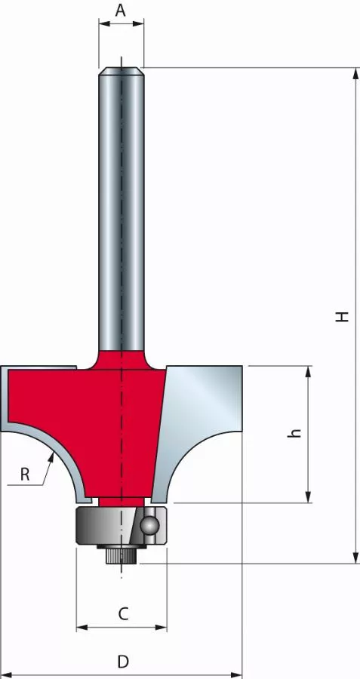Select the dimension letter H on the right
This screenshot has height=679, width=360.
pos(343,317)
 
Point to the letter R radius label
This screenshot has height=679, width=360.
pos(25,475)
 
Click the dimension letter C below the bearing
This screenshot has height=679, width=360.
pos(122,614)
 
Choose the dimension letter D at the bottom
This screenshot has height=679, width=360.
pos(122,662)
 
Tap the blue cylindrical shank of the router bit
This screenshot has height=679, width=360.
pos(121,211)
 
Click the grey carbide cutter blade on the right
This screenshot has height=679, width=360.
pos(200,422)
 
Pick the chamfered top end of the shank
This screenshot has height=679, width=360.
pos(121,72)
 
